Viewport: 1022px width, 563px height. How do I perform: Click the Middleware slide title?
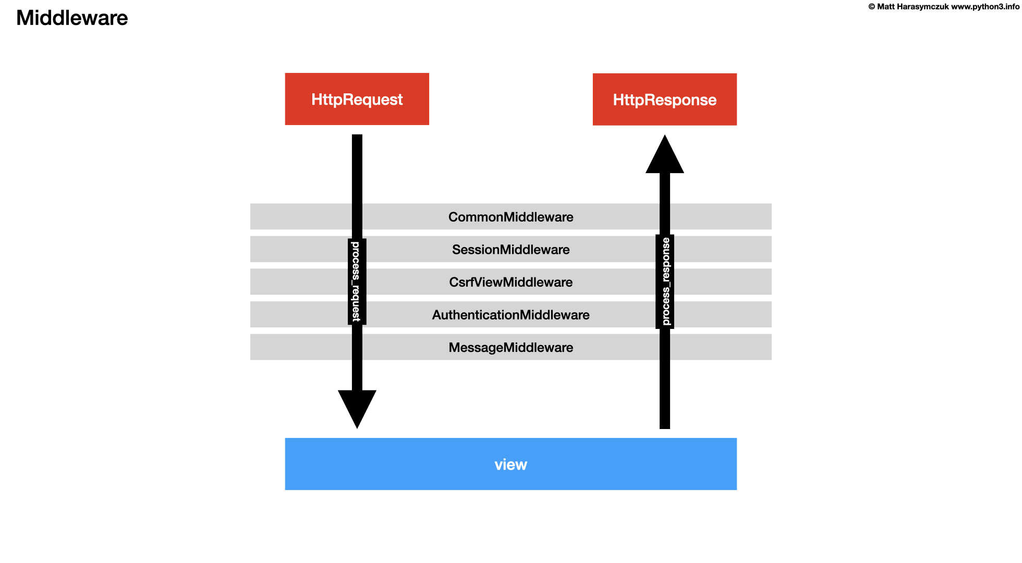coord(72,18)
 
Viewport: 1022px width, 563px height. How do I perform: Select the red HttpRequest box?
coord(357,99)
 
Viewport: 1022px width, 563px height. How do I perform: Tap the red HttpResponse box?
coord(664,100)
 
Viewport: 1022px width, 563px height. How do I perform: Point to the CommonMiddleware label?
coord(510,217)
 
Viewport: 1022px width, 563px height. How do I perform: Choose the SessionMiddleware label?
coord(510,250)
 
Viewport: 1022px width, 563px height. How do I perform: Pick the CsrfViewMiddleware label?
coord(510,282)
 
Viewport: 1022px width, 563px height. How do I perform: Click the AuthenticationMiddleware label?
coord(510,315)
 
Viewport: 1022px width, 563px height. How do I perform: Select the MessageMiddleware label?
coord(510,348)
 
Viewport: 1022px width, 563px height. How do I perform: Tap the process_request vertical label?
coord(357,281)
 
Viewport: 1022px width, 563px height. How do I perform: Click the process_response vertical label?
coord(665,281)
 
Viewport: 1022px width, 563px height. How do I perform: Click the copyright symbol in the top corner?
coord(871,7)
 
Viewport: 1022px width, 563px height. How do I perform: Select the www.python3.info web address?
coord(985,7)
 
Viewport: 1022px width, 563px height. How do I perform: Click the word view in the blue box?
coord(510,464)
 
